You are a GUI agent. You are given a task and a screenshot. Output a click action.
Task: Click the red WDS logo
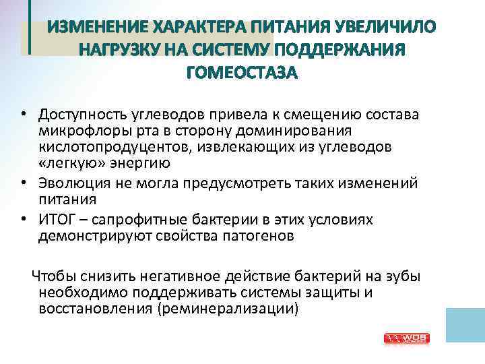tap(406, 338)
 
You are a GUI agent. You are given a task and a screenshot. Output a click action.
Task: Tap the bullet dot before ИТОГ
tap(23, 220)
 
